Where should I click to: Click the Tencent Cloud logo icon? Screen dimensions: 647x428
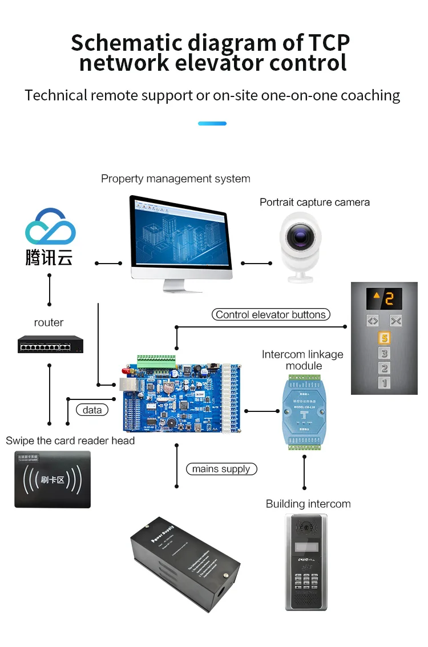click(50, 227)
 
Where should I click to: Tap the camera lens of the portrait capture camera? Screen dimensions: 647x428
click(299, 236)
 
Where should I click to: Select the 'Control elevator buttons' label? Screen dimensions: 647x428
click(270, 314)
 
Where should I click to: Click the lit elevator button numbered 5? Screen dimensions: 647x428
click(384, 339)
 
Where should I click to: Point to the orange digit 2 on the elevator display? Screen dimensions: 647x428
click(390, 298)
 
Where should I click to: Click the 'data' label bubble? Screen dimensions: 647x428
click(92, 410)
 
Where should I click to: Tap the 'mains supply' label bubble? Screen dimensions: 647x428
click(221, 469)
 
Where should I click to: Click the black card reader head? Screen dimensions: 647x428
click(53, 479)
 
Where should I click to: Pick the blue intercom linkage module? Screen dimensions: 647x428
click(304, 411)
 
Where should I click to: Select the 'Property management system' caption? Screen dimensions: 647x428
click(175, 179)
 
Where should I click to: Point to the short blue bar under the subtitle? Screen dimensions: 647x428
click(212, 123)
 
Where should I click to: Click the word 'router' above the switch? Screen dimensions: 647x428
click(49, 322)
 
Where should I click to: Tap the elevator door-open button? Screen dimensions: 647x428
click(373, 321)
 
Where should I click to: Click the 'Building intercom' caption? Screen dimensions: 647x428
click(308, 504)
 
